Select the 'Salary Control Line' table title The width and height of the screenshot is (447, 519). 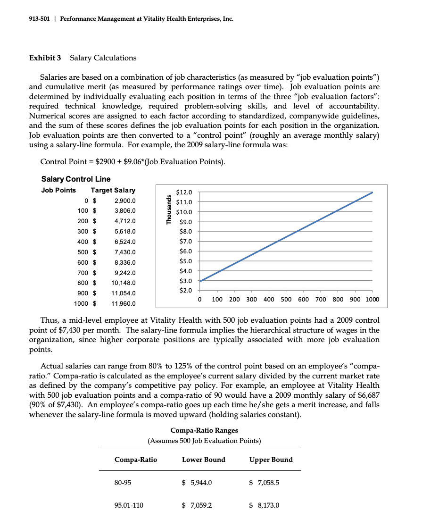click(76, 179)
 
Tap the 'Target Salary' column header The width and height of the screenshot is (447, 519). click(113, 190)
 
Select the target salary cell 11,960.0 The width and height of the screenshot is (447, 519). click(123, 303)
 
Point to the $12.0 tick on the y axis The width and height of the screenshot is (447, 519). click(183, 192)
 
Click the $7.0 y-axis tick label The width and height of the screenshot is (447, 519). click(183, 242)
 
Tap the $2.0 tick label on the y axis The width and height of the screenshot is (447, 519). click(183, 291)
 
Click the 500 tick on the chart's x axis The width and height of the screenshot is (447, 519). click(286, 300)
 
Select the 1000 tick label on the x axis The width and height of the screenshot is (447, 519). click(372, 300)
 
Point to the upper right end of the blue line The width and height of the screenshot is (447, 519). click(372, 193)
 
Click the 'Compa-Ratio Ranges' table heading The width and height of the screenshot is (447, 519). click(204, 430)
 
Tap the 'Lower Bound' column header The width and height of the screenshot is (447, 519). click(204, 460)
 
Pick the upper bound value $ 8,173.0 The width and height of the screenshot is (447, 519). click(264, 505)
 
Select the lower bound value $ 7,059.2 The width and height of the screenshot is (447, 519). click(197, 505)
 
